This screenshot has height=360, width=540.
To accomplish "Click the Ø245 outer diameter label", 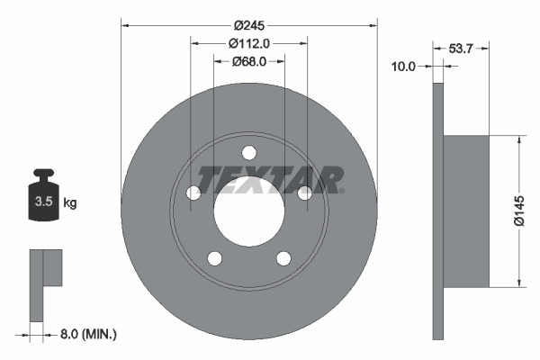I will [249, 27].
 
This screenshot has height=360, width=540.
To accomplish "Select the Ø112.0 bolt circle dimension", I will [248, 44].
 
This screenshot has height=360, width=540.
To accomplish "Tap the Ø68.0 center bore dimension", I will [248, 62].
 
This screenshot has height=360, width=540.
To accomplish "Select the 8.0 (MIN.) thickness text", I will [86, 334].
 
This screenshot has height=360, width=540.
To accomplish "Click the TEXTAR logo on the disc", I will [270, 179].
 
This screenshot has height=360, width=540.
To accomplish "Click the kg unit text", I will [70, 202].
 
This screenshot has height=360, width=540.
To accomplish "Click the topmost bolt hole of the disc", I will [249, 152].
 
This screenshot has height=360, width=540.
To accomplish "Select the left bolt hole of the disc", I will [193, 193].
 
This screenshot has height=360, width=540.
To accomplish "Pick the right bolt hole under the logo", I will [305, 193].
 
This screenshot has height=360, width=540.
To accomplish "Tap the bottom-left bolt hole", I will [214, 259].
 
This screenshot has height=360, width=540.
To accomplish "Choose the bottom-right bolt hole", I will [283, 259].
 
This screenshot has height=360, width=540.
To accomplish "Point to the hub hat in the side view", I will [467, 211].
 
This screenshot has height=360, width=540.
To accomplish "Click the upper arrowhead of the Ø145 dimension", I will [521, 140].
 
